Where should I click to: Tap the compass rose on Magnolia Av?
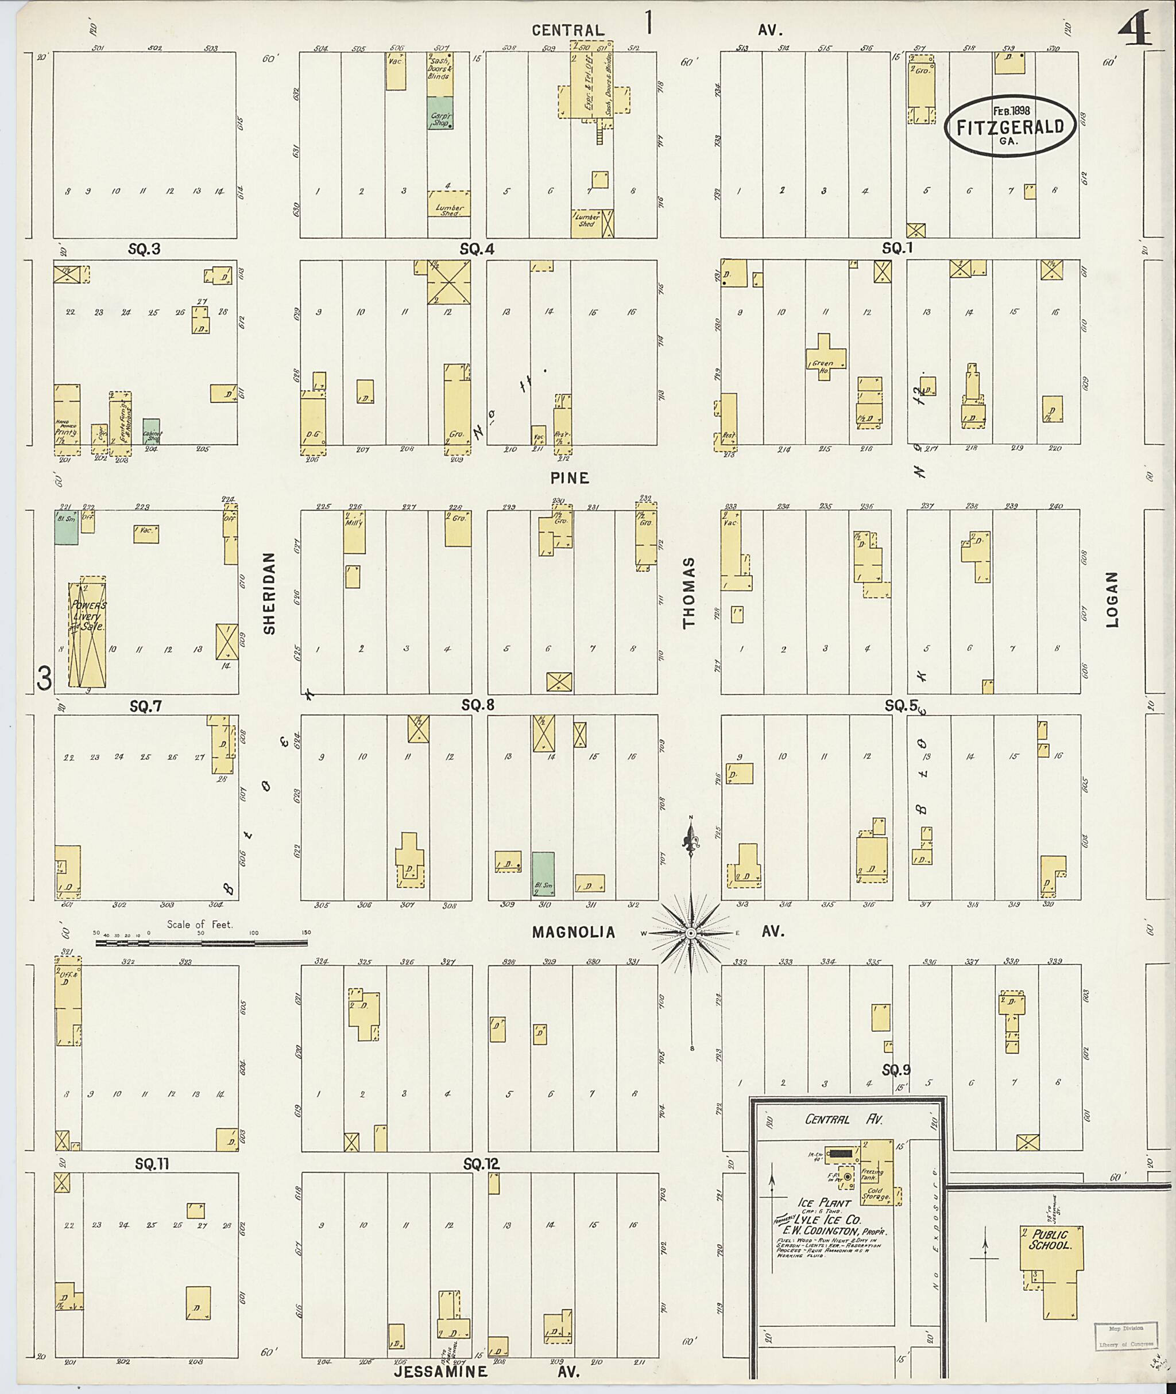(691, 933)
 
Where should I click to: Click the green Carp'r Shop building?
(440, 113)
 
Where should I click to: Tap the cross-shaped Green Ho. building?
(825, 356)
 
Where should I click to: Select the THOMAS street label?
(688, 592)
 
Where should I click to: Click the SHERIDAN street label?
(269, 593)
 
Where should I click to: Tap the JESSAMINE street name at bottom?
(440, 1372)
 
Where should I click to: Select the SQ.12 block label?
(481, 1163)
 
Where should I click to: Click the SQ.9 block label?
(895, 1070)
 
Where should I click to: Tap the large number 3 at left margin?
(44, 679)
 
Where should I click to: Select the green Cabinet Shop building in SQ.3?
(152, 431)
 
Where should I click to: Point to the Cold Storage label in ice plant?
(875, 1194)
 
